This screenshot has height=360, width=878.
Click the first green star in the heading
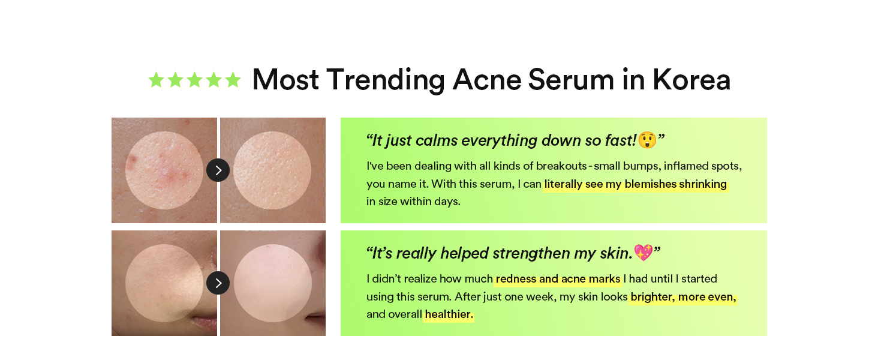click(156, 80)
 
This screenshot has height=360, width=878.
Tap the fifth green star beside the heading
click(233, 80)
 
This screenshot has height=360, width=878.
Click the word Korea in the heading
click(691, 80)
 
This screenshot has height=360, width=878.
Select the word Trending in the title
click(386, 80)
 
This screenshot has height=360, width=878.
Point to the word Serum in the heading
click(571, 80)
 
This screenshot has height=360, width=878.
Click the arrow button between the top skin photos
click(218, 170)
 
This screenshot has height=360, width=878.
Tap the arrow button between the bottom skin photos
click(218, 283)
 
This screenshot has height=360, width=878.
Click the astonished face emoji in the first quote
click(647, 140)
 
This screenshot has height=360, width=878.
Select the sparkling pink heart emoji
click(644, 253)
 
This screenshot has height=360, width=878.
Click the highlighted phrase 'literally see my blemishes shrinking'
click(635, 184)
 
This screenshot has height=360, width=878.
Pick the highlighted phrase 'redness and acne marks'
click(558, 279)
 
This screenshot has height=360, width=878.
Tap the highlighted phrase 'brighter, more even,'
click(683, 297)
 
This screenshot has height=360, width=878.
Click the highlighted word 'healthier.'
click(449, 314)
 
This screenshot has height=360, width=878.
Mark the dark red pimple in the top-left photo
click(132, 160)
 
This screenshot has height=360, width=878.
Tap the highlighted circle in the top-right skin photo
click(272, 170)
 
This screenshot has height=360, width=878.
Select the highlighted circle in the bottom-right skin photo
click(273, 283)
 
